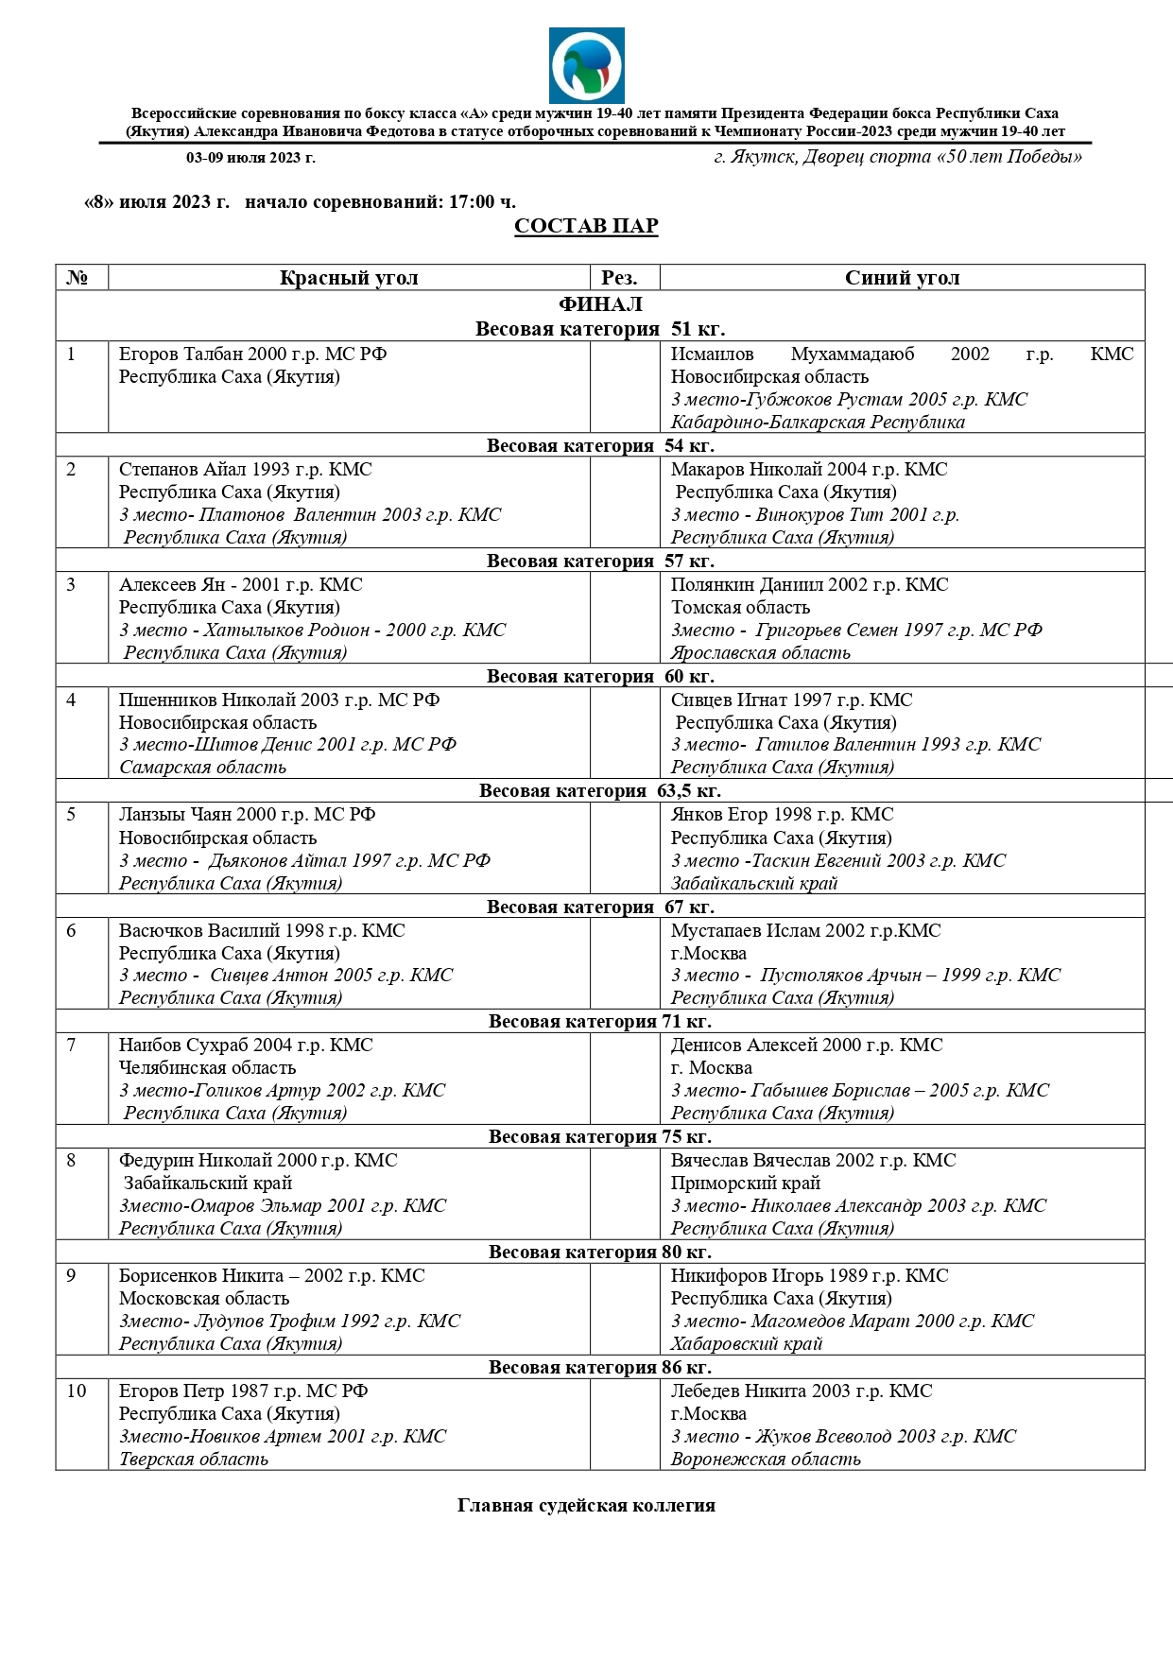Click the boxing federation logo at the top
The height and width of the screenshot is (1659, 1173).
click(x=586, y=65)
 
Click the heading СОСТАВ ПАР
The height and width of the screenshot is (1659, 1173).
click(x=586, y=226)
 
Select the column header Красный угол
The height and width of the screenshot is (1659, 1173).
click(x=349, y=278)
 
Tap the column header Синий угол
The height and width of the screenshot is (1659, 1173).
click(x=902, y=278)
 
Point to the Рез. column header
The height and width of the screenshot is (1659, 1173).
click(x=619, y=278)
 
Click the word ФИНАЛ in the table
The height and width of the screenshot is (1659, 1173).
click(x=600, y=304)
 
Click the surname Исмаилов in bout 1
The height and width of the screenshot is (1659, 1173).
click(x=712, y=354)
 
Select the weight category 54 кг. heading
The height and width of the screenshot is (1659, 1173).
click(x=600, y=445)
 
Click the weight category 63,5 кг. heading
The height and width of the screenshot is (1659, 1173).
click(x=600, y=791)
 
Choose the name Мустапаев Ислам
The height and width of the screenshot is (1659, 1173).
click(x=746, y=931)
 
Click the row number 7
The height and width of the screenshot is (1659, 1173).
click(x=71, y=1046)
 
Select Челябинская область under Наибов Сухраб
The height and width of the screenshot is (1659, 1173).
click(x=207, y=1068)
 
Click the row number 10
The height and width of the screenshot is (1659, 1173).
click(x=76, y=1391)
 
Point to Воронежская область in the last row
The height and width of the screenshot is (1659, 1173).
click(x=766, y=1460)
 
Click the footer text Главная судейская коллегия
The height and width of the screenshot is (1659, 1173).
click(x=586, y=1506)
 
